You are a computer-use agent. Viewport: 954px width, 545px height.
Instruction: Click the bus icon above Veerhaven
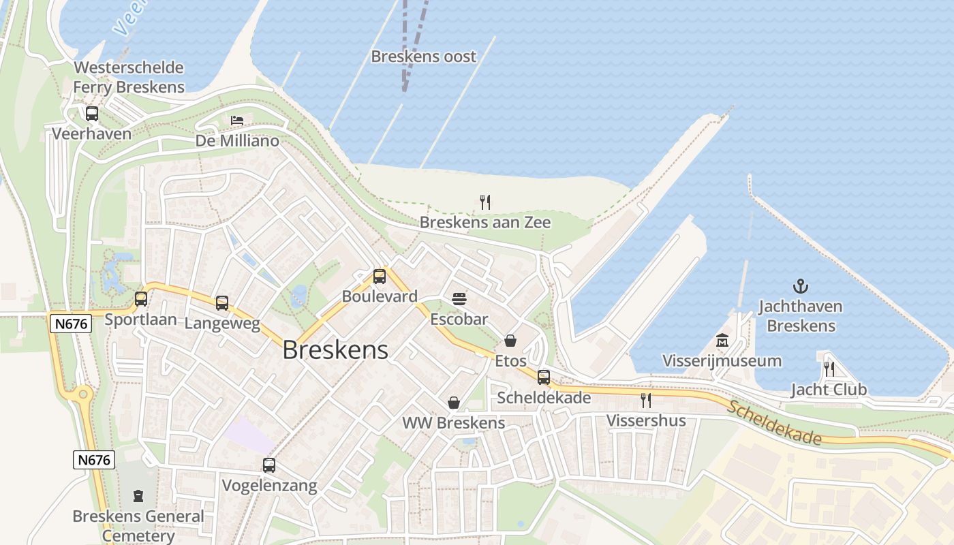(x=92, y=114)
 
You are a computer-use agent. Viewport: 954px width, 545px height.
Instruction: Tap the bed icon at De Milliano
(x=237, y=121)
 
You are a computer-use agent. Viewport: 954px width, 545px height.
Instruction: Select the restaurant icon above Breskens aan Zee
(x=485, y=202)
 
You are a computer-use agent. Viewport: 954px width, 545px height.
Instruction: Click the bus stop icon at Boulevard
(x=380, y=277)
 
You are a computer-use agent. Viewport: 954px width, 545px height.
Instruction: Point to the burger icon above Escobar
(x=459, y=298)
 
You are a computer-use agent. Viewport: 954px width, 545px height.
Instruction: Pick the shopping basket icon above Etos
(x=510, y=341)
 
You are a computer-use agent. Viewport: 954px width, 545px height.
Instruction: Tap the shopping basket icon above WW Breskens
(x=454, y=403)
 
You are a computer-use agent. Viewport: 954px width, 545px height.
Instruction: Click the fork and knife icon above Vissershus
(x=646, y=400)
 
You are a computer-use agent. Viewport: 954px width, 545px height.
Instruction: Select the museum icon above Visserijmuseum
(x=722, y=341)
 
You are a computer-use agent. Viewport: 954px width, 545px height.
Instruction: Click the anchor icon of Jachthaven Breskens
(x=801, y=286)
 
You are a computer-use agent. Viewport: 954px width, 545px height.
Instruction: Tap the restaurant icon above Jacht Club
(x=829, y=369)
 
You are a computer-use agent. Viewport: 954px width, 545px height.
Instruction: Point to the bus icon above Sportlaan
(x=141, y=299)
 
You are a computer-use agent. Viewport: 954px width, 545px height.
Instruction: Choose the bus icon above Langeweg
(x=222, y=302)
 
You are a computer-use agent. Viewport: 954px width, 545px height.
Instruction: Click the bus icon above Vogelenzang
(x=269, y=465)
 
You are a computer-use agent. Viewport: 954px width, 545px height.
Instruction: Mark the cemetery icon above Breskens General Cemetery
(x=138, y=495)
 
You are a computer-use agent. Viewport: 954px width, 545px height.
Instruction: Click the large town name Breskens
(x=335, y=350)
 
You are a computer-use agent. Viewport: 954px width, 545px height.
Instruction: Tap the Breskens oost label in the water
(x=423, y=57)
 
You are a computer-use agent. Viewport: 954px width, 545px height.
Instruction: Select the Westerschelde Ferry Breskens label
(x=129, y=78)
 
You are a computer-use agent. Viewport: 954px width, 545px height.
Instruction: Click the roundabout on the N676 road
(x=83, y=394)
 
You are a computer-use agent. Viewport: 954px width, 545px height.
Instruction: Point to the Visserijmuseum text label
(x=722, y=360)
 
